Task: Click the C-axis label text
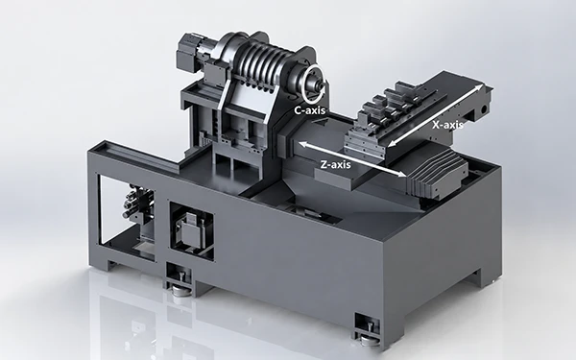click(310, 110)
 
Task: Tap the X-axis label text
click(447, 125)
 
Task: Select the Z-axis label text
click(335, 164)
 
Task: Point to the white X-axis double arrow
click(435, 116)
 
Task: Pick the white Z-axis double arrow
click(352, 159)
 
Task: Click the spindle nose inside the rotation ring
click(316, 84)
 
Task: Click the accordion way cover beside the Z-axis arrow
click(437, 172)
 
